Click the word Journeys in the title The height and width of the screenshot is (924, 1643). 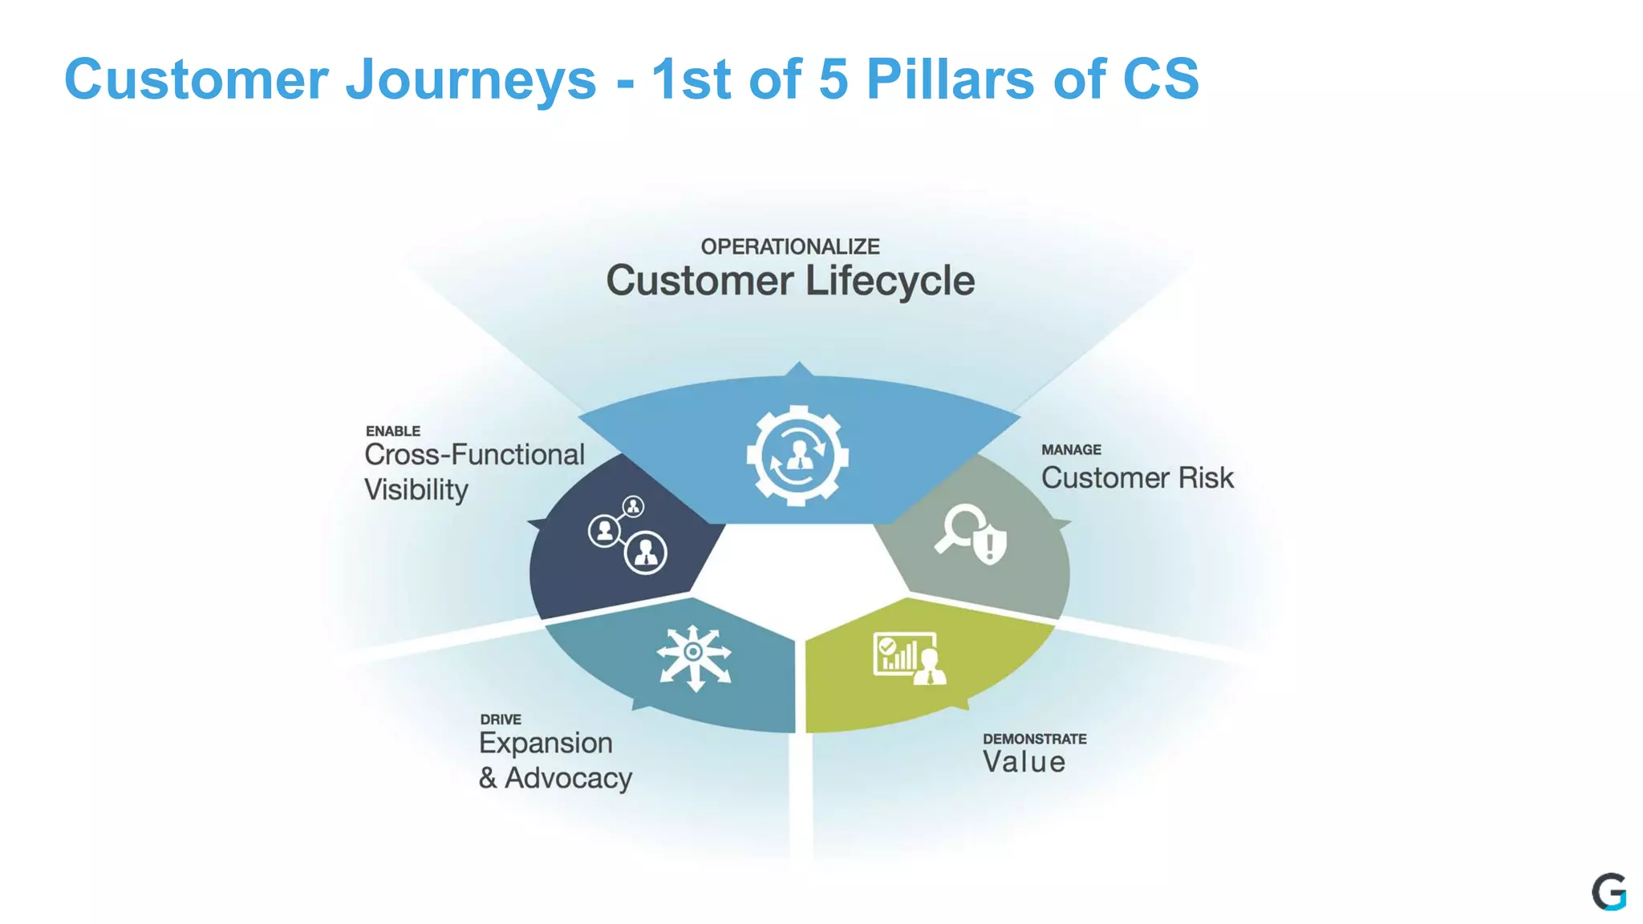coord(471,80)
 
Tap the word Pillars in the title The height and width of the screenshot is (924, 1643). coord(951,80)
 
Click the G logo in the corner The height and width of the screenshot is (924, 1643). coord(1609,892)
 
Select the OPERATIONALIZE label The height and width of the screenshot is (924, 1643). coord(790,246)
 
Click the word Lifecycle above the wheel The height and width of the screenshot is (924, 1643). coord(890,281)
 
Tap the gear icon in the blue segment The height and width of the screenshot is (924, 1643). coord(797,456)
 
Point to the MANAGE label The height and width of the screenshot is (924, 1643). coord(1071,450)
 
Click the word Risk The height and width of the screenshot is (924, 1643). coord(1206,478)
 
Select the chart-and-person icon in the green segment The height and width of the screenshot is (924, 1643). coord(909,658)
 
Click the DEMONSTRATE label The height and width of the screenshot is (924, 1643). coord(1034,739)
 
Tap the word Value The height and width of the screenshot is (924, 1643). coord(1024,762)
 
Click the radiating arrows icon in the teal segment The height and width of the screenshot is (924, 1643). coord(694,658)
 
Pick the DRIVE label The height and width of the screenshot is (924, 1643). coord(501,719)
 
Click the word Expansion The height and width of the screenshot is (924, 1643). coord(546,743)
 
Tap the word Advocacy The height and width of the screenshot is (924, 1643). coord(568,778)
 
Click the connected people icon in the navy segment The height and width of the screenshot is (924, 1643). coord(627,535)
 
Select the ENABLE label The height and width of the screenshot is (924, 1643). coord(393,432)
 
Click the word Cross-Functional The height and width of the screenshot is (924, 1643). coord(474,455)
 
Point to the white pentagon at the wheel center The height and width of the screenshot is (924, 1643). coord(798,569)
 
